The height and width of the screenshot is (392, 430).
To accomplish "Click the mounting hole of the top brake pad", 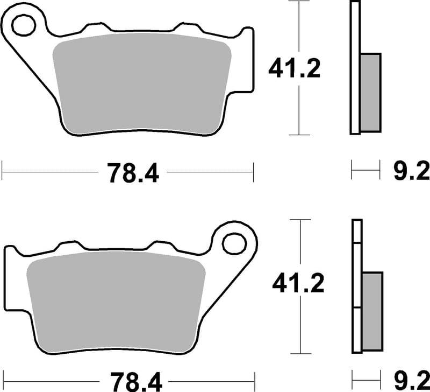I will point(23,24).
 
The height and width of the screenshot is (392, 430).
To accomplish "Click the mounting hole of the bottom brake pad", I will point(234,243).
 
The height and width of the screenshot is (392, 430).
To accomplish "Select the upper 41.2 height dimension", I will point(294,68).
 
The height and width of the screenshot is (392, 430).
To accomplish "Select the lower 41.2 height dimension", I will point(298,283).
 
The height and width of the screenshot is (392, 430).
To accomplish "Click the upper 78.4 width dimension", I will point(133,173).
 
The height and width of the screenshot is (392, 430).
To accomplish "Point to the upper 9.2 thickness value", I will point(411,172).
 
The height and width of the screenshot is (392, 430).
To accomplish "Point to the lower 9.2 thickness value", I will point(412,381).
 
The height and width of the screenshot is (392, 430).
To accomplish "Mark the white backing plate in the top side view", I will point(355,67).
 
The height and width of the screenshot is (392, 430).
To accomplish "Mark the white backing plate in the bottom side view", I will point(357,285).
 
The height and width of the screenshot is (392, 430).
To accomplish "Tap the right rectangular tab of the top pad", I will point(248,59).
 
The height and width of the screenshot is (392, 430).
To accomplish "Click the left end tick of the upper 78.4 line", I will point(3,173).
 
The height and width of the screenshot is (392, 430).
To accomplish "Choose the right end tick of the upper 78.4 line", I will point(253,173).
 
